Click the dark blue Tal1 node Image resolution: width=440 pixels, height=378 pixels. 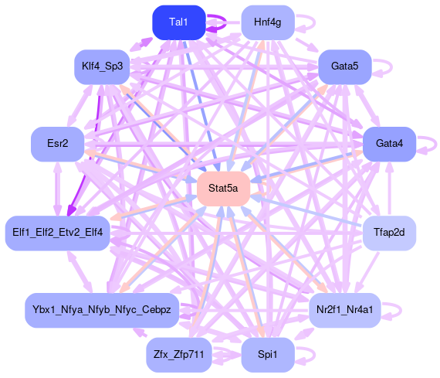click(x=179, y=22)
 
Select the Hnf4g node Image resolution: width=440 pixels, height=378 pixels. click(x=268, y=22)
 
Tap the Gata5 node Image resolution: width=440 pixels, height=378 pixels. click(x=345, y=67)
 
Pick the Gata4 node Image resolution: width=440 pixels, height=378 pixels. click(x=389, y=144)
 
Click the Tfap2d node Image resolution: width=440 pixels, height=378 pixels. click(x=389, y=233)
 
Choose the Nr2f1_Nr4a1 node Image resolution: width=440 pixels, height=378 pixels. click(x=345, y=310)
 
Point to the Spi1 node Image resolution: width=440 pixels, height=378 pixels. click(x=268, y=355)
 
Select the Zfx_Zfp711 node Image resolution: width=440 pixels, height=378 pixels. click(x=179, y=355)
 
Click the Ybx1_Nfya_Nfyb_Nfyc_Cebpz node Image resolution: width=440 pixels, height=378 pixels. click(x=102, y=310)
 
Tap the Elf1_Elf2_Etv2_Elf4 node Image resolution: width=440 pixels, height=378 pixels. click(x=58, y=233)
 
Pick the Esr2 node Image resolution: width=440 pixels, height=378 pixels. click(x=58, y=144)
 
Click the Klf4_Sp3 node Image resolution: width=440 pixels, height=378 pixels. click(x=102, y=67)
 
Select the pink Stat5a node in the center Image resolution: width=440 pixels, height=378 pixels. click(x=223, y=189)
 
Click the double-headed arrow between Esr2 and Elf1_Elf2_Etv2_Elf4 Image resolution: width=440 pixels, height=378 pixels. click(x=58, y=189)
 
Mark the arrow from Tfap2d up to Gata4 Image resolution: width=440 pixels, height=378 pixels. click(x=389, y=189)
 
